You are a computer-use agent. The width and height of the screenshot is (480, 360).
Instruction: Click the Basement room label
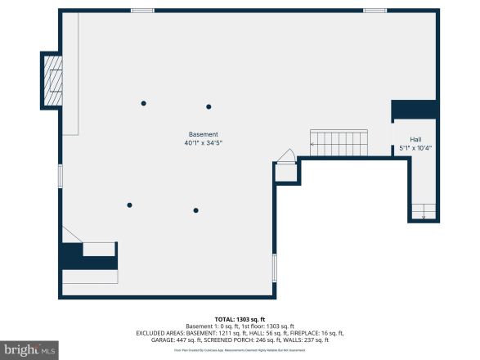tap(204, 134)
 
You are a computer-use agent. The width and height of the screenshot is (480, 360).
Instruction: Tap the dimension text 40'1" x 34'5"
tap(204, 143)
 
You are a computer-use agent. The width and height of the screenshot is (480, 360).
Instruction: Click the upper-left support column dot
tap(144, 103)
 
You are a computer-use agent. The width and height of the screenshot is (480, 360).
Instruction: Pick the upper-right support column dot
tap(209, 106)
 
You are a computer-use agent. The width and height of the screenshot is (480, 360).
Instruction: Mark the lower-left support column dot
tap(129, 205)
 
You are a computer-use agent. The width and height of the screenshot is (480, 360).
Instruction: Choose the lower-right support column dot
tap(195, 210)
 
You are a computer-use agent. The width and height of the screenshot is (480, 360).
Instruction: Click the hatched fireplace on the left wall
tap(52, 79)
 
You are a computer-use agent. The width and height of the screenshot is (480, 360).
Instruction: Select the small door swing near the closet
tap(286, 157)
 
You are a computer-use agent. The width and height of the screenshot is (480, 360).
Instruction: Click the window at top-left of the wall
tap(142, 11)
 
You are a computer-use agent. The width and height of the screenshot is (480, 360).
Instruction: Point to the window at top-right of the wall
tap(375, 11)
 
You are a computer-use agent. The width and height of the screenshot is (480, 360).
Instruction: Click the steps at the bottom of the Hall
tap(424, 211)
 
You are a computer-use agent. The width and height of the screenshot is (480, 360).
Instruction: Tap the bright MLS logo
tap(27, 350)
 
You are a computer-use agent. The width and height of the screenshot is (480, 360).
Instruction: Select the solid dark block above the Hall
tap(415, 110)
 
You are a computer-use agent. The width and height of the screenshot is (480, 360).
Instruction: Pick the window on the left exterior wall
tap(60, 176)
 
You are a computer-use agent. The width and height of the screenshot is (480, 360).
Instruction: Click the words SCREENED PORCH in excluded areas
tap(232, 340)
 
